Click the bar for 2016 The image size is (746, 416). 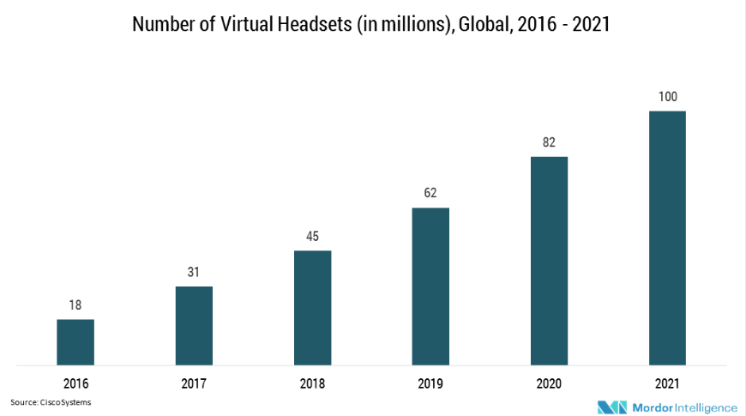click(75, 342)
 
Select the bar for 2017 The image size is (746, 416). click(194, 326)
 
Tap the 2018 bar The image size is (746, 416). click(312, 308)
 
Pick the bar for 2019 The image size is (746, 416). click(430, 286)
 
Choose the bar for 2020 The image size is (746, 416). click(549, 261)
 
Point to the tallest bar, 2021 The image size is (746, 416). click(667, 238)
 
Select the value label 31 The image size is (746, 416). click(194, 273)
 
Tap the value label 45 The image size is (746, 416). click(312, 237)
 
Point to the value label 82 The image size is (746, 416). click(549, 142)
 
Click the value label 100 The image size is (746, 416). click(667, 97)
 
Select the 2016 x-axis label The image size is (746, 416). click(75, 383)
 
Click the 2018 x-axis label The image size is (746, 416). click(312, 383)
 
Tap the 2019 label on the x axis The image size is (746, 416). click(430, 383)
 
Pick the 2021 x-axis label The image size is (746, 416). click(667, 383)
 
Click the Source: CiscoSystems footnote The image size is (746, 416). click(51, 401)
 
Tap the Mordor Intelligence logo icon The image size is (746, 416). click(612, 407)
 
